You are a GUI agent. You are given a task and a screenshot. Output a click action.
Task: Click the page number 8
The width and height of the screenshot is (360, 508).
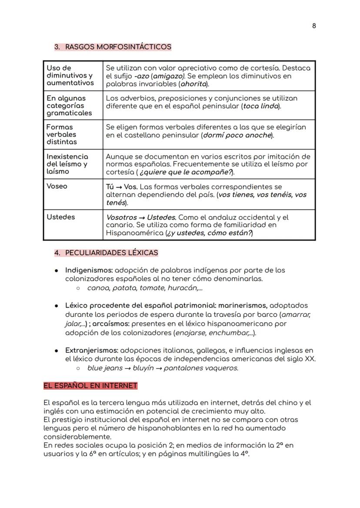tap(314, 26)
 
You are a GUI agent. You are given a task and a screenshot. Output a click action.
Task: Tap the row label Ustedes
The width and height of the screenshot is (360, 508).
tap(61, 217)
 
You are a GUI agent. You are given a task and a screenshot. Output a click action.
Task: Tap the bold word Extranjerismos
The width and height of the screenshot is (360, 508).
tap(91, 350)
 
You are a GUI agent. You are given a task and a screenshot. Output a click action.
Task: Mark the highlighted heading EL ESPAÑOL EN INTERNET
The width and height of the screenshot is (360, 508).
tap(90, 385)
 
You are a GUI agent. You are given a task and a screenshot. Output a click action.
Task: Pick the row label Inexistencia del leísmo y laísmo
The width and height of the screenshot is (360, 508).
tap(67, 164)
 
